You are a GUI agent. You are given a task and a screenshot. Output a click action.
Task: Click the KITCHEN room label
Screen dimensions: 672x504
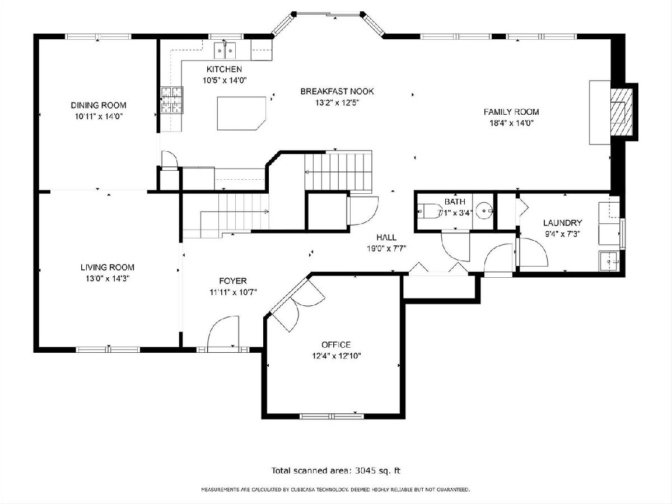(224, 69)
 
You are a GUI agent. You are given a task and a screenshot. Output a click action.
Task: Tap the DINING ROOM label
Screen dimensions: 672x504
(99, 105)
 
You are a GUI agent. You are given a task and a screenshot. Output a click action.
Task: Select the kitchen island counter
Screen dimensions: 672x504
(241, 114)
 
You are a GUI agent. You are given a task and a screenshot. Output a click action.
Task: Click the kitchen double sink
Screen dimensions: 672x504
(225, 50)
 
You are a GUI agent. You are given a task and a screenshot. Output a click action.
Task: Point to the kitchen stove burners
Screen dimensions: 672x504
(172, 100)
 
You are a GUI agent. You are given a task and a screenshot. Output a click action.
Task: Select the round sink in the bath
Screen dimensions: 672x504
(484, 211)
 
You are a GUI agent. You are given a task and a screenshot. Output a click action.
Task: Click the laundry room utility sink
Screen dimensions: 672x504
(609, 262)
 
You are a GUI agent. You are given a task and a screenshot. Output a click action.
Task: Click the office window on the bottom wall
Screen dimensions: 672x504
(332, 416)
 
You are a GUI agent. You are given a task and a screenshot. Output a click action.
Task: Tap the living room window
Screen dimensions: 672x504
(108, 349)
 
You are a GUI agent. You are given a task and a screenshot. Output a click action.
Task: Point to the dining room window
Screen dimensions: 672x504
(98, 37)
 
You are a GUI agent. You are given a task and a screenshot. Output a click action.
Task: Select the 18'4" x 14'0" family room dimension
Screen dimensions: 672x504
(511, 123)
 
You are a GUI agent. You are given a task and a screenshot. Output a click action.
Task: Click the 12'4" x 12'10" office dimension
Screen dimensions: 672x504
(337, 356)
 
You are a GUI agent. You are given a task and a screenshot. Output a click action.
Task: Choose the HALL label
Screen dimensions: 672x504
(386, 237)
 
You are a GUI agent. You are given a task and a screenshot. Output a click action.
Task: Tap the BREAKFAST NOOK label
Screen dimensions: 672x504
(337, 91)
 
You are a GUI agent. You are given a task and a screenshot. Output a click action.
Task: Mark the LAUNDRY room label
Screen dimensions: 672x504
(562, 223)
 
